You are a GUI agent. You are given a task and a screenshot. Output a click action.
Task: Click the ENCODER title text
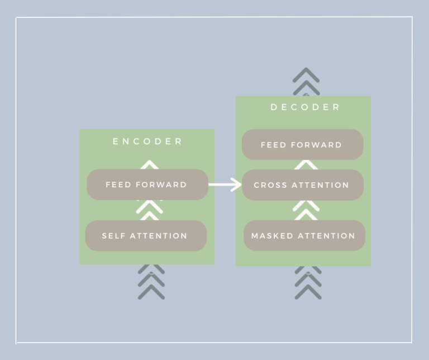(x=147, y=141)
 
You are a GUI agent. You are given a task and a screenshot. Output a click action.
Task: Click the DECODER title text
(x=305, y=107)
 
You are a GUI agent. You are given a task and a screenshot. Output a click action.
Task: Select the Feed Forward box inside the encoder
(x=147, y=184)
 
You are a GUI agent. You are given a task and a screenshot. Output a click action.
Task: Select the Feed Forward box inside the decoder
(x=303, y=145)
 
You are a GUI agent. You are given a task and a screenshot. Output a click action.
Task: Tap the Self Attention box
(x=146, y=236)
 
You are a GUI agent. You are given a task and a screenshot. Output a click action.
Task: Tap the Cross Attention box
(x=303, y=185)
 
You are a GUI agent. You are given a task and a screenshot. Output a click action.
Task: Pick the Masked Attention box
(x=304, y=235)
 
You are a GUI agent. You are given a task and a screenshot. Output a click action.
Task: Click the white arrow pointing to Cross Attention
(x=225, y=184)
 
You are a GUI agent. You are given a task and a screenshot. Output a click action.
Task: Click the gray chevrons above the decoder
(x=306, y=82)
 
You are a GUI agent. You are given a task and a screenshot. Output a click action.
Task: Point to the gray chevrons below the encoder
(x=151, y=282)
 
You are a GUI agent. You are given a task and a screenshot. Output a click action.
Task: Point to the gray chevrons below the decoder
(x=308, y=282)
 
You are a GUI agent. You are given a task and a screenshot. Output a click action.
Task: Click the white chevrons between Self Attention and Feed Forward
(x=149, y=210)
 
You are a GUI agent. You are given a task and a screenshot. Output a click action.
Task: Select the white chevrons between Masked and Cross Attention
(x=306, y=210)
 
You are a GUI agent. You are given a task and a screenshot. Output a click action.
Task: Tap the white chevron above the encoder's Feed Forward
(x=149, y=165)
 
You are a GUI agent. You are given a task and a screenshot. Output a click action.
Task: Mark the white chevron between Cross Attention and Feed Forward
(x=306, y=165)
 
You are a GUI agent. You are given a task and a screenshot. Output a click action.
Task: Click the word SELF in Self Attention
(x=113, y=236)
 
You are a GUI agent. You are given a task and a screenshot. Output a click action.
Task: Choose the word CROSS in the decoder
(x=270, y=186)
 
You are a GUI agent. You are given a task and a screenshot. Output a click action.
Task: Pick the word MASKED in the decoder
(x=272, y=236)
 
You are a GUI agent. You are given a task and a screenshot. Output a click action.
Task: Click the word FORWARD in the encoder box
(x=161, y=185)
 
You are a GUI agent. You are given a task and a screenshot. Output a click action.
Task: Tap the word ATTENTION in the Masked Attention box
(x=326, y=236)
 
